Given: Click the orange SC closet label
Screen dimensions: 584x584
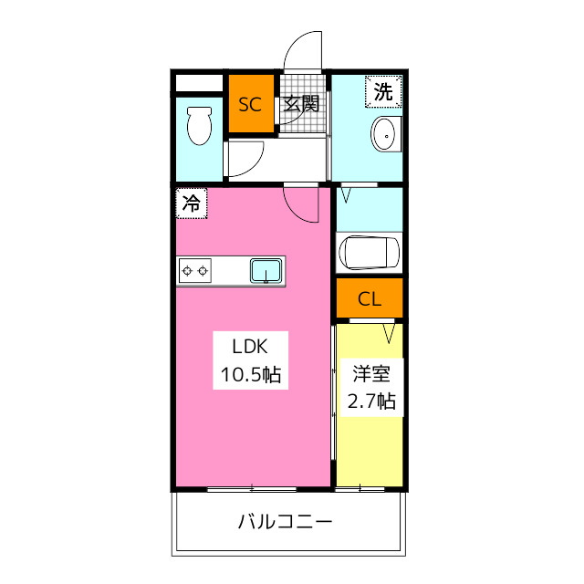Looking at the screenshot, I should pyautogui.click(x=250, y=103).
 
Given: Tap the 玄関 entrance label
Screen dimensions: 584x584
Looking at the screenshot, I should pyautogui.click(x=300, y=103).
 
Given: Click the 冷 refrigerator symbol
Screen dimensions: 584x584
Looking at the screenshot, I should pyautogui.click(x=192, y=203).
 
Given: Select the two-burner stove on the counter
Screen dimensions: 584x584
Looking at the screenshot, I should pyautogui.click(x=195, y=269).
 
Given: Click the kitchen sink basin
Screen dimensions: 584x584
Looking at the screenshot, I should pyautogui.click(x=266, y=269).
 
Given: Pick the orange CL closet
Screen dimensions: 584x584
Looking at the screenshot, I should pyautogui.click(x=369, y=298).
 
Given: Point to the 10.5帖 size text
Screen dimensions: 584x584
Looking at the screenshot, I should pyautogui.click(x=248, y=373).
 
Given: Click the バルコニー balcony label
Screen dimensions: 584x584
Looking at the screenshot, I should pyautogui.click(x=285, y=523).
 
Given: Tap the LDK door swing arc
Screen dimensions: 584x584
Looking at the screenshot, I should pyautogui.click(x=301, y=206).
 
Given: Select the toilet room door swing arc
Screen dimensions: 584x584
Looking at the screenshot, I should pyautogui.click(x=245, y=159).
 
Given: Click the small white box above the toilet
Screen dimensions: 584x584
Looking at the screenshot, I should pyautogui.click(x=199, y=84).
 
